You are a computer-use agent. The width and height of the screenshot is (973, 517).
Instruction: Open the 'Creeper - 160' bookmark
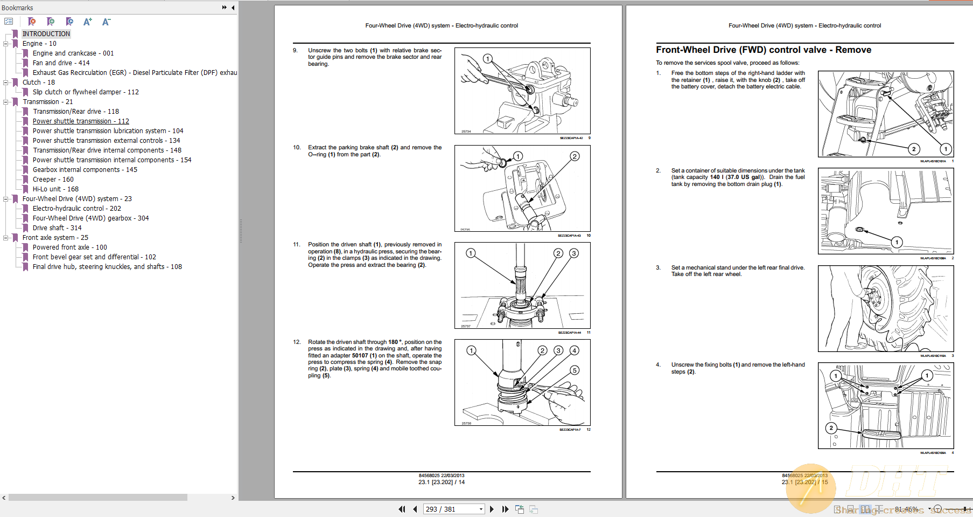click(x=53, y=180)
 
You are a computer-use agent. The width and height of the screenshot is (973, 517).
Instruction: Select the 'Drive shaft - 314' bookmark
click(x=57, y=228)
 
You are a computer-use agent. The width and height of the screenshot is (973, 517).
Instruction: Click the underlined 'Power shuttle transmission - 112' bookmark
click(x=81, y=121)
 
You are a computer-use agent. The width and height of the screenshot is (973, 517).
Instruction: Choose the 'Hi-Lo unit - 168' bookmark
click(x=55, y=189)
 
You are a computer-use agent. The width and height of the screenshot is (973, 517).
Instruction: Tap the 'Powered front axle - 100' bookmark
click(x=69, y=247)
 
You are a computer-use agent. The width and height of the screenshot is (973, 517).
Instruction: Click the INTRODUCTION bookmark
click(x=46, y=34)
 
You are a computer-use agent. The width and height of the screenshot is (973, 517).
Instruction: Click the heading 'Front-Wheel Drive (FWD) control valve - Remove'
click(x=763, y=50)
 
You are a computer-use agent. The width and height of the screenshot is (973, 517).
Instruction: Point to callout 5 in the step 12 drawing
click(x=575, y=370)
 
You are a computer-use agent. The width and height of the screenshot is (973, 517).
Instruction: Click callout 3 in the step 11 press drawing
click(x=574, y=253)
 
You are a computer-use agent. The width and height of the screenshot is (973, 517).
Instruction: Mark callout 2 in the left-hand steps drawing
click(x=831, y=428)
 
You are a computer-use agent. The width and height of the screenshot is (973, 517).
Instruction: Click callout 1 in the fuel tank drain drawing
click(x=897, y=243)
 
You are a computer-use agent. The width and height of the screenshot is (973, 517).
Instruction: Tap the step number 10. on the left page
click(x=297, y=147)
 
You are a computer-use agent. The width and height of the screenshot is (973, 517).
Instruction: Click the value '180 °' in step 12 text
click(x=395, y=342)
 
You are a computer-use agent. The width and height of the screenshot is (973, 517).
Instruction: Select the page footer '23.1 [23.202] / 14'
click(x=441, y=482)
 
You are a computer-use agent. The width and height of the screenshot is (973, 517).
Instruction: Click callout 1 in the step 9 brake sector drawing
click(x=487, y=59)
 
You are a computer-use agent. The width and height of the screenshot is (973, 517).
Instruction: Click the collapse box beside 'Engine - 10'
click(x=5, y=44)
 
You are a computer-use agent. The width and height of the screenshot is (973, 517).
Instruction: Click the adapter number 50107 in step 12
click(x=360, y=355)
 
